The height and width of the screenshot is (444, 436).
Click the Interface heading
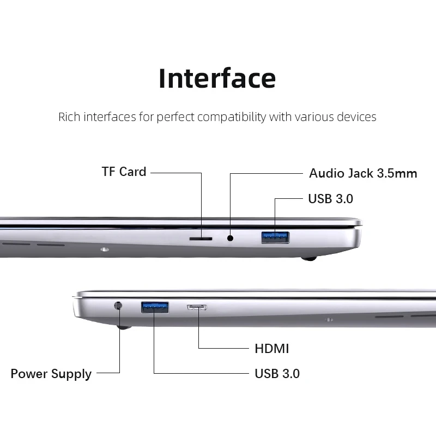[x=217, y=78]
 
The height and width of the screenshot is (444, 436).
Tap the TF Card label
[x=124, y=172]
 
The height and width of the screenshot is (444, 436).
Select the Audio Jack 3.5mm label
[x=363, y=174]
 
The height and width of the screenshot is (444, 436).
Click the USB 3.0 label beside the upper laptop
[x=330, y=199]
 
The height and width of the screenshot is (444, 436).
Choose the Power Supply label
[x=51, y=374]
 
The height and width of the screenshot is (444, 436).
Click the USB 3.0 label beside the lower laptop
[x=277, y=374]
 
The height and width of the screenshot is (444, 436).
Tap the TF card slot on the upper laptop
[x=201, y=238]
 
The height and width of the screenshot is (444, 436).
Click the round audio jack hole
[x=230, y=238]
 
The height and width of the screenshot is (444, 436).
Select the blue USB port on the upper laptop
[x=275, y=237]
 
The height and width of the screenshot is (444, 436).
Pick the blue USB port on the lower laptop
[x=155, y=307]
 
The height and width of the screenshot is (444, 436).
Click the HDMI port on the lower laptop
[x=197, y=308]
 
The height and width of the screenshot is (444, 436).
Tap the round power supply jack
[x=118, y=306]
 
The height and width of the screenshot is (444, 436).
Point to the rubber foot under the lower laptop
[x=124, y=327]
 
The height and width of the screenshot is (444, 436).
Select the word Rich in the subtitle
[x=69, y=117]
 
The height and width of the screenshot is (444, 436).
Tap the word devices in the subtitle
[x=356, y=117]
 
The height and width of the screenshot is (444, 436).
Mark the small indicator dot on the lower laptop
[x=329, y=319]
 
